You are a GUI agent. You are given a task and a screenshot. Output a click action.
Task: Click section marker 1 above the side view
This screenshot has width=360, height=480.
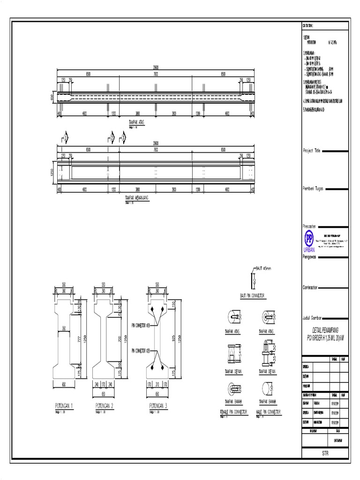66,137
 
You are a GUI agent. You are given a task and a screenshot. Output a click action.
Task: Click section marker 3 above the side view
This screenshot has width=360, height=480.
124,137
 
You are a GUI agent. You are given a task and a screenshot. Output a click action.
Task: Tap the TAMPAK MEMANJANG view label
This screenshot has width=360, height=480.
137,198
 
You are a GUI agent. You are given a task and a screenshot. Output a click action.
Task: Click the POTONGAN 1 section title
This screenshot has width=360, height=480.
65,405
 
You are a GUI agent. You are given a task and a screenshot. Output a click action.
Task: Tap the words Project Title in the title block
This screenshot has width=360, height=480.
312,151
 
